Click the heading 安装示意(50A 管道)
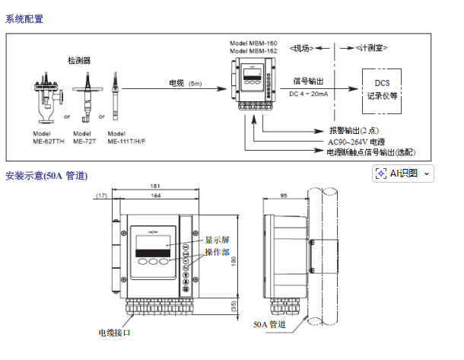click(x=46, y=176)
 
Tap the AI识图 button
click(x=402, y=174)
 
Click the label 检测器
click(x=78, y=60)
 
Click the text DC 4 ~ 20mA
click(x=310, y=94)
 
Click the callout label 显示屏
click(x=216, y=240)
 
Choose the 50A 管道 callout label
click(x=269, y=325)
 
